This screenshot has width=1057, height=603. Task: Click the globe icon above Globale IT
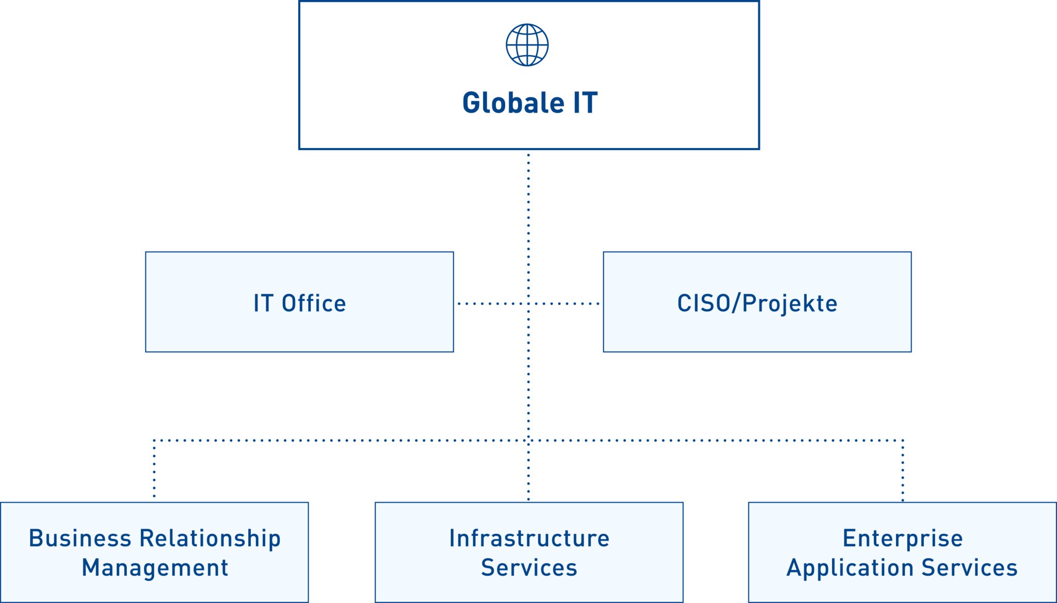click(527, 45)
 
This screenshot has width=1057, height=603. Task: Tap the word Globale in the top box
click(513, 103)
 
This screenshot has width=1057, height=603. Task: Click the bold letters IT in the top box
click(585, 103)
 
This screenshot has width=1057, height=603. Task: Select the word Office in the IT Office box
click(314, 303)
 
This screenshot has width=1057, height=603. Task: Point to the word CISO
click(704, 303)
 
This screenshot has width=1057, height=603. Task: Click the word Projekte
click(790, 304)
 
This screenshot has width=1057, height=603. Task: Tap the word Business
click(80, 539)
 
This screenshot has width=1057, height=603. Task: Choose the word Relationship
click(210, 539)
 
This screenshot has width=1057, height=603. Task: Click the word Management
click(155, 568)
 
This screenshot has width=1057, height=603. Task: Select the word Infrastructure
click(529, 539)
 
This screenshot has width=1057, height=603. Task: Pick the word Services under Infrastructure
click(529, 568)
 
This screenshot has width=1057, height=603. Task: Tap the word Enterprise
click(903, 539)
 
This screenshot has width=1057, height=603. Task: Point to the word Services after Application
click(969, 568)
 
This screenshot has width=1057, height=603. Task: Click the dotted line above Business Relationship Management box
click(154, 469)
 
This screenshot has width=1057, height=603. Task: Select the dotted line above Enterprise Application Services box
click(903, 470)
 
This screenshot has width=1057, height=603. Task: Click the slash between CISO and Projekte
click(736, 303)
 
